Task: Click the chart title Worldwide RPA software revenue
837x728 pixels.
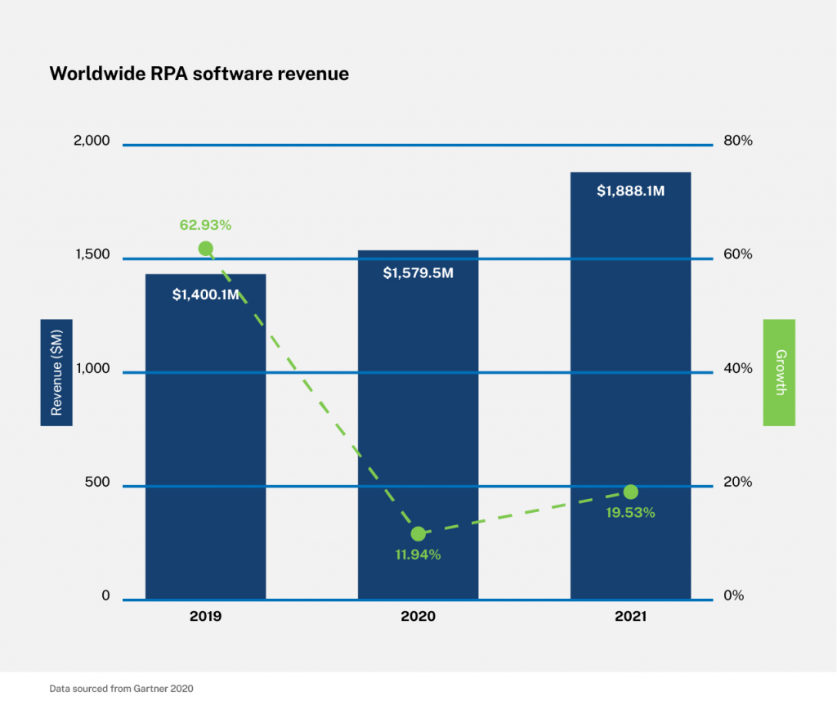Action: (199, 74)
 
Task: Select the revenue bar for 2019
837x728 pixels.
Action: (205, 442)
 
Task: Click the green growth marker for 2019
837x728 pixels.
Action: (206, 249)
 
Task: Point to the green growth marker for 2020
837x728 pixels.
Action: (418, 533)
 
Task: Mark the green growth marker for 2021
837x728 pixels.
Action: (630, 492)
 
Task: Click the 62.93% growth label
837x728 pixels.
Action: (206, 224)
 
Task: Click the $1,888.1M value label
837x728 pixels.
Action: (630, 191)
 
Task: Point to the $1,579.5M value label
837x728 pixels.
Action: (418, 272)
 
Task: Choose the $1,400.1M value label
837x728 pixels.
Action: (205, 294)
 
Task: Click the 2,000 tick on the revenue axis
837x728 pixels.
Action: (91, 141)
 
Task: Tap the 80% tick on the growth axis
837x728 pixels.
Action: (738, 141)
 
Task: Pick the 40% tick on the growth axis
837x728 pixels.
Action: (738, 369)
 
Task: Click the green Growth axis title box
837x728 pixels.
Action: (779, 372)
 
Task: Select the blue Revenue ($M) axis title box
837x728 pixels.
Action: (56, 372)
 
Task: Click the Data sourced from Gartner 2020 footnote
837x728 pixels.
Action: (121, 689)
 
